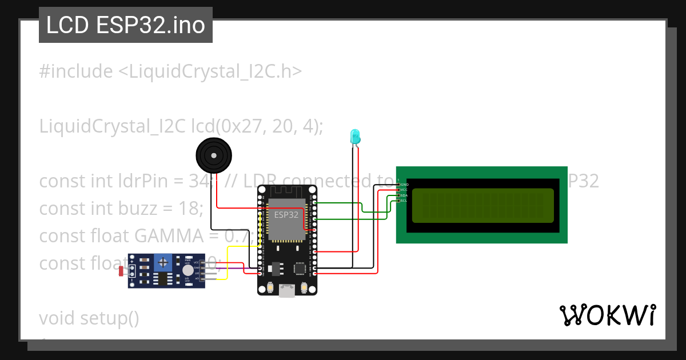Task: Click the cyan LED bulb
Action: [x=355, y=136]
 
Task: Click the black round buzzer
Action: [x=214, y=154]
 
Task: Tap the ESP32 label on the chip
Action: [x=286, y=215]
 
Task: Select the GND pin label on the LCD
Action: [x=404, y=185]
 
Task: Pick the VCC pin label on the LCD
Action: [x=404, y=190]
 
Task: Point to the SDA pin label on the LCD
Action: [x=404, y=195]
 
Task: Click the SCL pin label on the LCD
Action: [x=404, y=201]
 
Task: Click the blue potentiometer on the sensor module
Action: [x=164, y=263]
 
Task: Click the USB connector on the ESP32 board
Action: [x=286, y=291]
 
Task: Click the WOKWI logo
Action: [x=607, y=315]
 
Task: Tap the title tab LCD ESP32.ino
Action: [x=126, y=25]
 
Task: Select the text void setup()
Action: [x=89, y=318]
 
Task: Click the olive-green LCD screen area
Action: [x=482, y=205]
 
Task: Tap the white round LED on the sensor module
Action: [x=188, y=270]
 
